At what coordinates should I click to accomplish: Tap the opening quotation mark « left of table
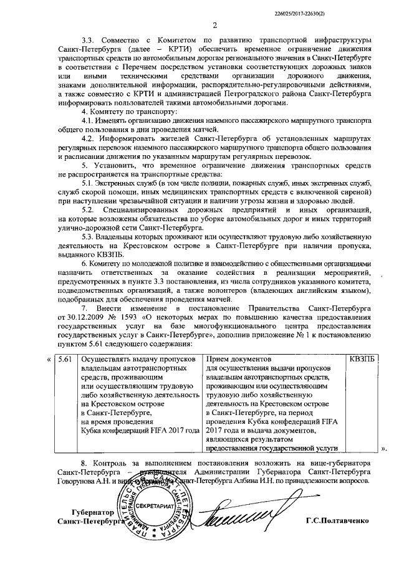point(49,360)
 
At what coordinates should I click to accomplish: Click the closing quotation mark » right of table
point(383,447)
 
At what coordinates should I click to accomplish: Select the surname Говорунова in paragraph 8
point(79,480)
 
